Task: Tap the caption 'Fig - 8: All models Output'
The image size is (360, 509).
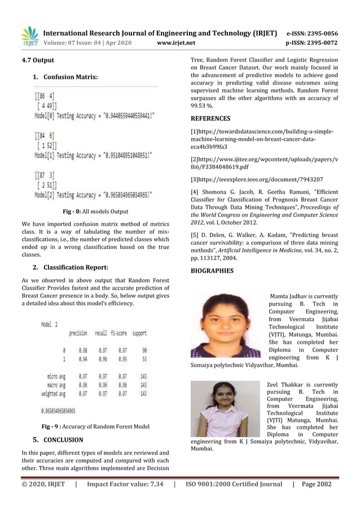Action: click(x=95, y=212)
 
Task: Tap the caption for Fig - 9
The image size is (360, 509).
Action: click(x=95, y=426)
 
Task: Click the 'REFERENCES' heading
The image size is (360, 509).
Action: click(x=210, y=119)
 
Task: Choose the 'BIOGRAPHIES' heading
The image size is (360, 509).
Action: click(x=212, y=271)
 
